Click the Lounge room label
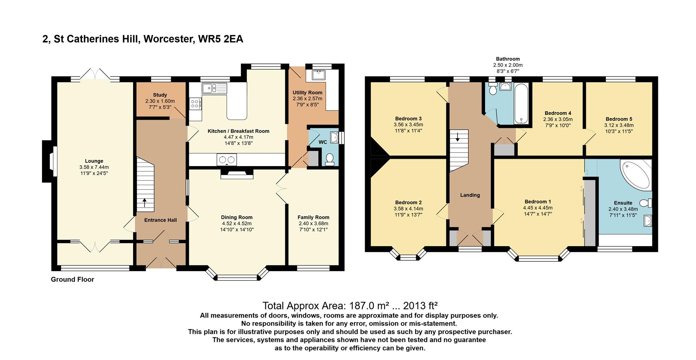coord(94,161)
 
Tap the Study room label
coord(160,95)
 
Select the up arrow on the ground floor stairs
coord(145,202)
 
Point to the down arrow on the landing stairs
coord(457,137)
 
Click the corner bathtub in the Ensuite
coord(636,174)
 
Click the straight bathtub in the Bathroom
coord(521,103)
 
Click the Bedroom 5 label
coord(619,119)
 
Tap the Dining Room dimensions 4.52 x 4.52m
coord(237,223)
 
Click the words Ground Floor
coord(72,280)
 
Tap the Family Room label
coord(314,218)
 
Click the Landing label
coord(470,195)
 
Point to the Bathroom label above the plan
coord(508,59)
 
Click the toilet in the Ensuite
coord(646,203)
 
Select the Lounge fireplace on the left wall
coord(49,161)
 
